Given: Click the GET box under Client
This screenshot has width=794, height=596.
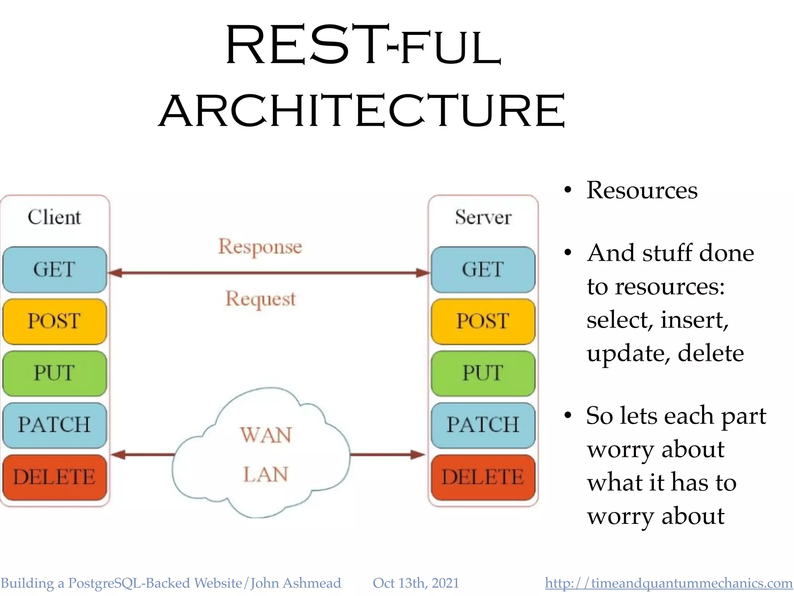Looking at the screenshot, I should click(x=55, y=269).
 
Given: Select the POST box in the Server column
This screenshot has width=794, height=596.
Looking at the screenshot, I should click(x=483, y=321).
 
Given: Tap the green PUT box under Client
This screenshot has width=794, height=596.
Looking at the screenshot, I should click(x=55, y=373).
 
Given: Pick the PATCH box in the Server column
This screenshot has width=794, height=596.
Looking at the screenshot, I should click(x=483, y=425).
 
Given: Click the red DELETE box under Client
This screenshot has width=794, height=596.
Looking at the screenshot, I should click(x=55, y=477).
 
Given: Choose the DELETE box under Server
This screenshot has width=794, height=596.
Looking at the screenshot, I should click(x=483, y=477).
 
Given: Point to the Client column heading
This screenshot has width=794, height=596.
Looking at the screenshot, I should click(x=55, y=217).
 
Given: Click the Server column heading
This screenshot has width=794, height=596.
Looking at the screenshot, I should click(x=483, y=217).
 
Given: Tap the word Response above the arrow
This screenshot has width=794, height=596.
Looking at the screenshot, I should click(x=260, y=247).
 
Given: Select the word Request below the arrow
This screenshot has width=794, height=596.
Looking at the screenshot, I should click(x=261, y=299).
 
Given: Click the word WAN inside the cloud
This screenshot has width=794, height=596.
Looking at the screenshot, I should click(x=266, y=435).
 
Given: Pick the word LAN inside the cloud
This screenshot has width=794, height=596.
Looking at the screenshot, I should click(x=266, y=474).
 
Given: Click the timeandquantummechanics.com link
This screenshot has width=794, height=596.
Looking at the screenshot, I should click(x=669, y=583).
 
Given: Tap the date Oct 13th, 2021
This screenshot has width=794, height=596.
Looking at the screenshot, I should click(x=416, y=583).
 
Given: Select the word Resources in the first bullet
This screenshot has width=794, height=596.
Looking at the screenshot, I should click(x=642, y=190).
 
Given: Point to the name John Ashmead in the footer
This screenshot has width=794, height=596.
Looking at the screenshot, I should click(x=295, y=583).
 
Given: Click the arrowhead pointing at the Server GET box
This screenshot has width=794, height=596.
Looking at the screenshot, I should click(x=423, y=273).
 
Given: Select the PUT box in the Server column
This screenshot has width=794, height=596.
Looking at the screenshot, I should click(x=483, y=373).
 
